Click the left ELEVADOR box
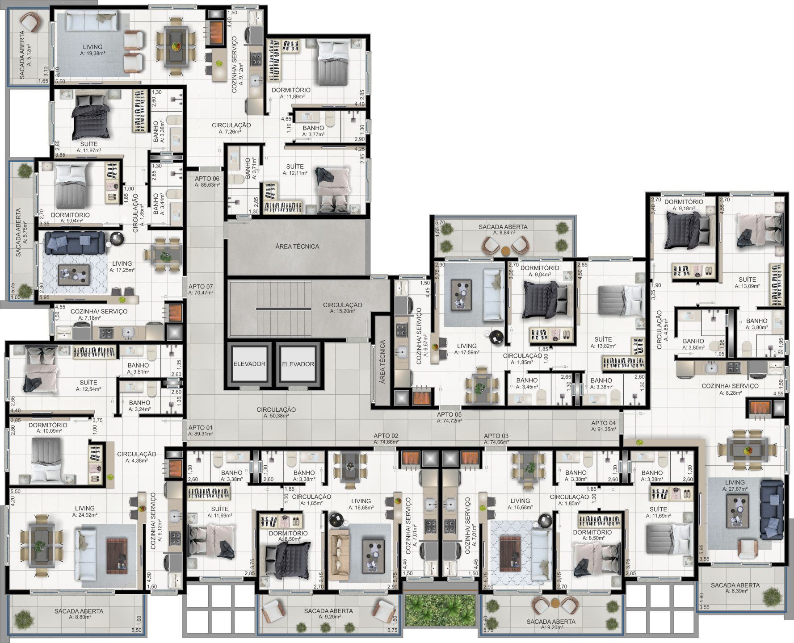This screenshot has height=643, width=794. point(249,364)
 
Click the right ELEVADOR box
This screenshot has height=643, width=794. point(298,364)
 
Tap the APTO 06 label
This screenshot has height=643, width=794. point(207,181)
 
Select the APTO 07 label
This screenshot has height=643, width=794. point(201,290)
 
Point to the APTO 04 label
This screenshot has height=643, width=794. point(603,426)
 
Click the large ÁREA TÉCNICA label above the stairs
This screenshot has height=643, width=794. point(297,246)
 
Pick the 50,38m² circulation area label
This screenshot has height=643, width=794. point(276,412)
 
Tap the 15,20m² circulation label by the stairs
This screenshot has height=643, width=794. point(343,308)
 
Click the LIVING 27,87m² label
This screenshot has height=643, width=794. point(735,485)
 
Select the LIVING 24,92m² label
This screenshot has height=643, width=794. point(85,511)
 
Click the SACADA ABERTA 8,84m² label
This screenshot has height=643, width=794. point(503,230)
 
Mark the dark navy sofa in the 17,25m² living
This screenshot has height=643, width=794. point(74,241)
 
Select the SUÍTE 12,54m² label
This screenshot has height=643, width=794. point(88,386)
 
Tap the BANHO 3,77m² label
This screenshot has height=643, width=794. point(313,131)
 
